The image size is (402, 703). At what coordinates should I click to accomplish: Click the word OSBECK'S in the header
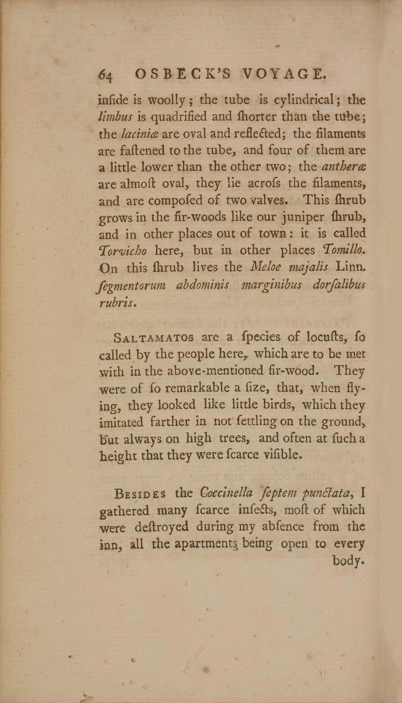182,74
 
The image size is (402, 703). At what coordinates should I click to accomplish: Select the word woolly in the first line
166,101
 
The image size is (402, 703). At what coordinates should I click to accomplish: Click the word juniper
305,217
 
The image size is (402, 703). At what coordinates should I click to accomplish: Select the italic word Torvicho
123,251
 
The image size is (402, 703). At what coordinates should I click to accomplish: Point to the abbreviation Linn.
350,267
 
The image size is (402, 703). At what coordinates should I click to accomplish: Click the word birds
280,405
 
